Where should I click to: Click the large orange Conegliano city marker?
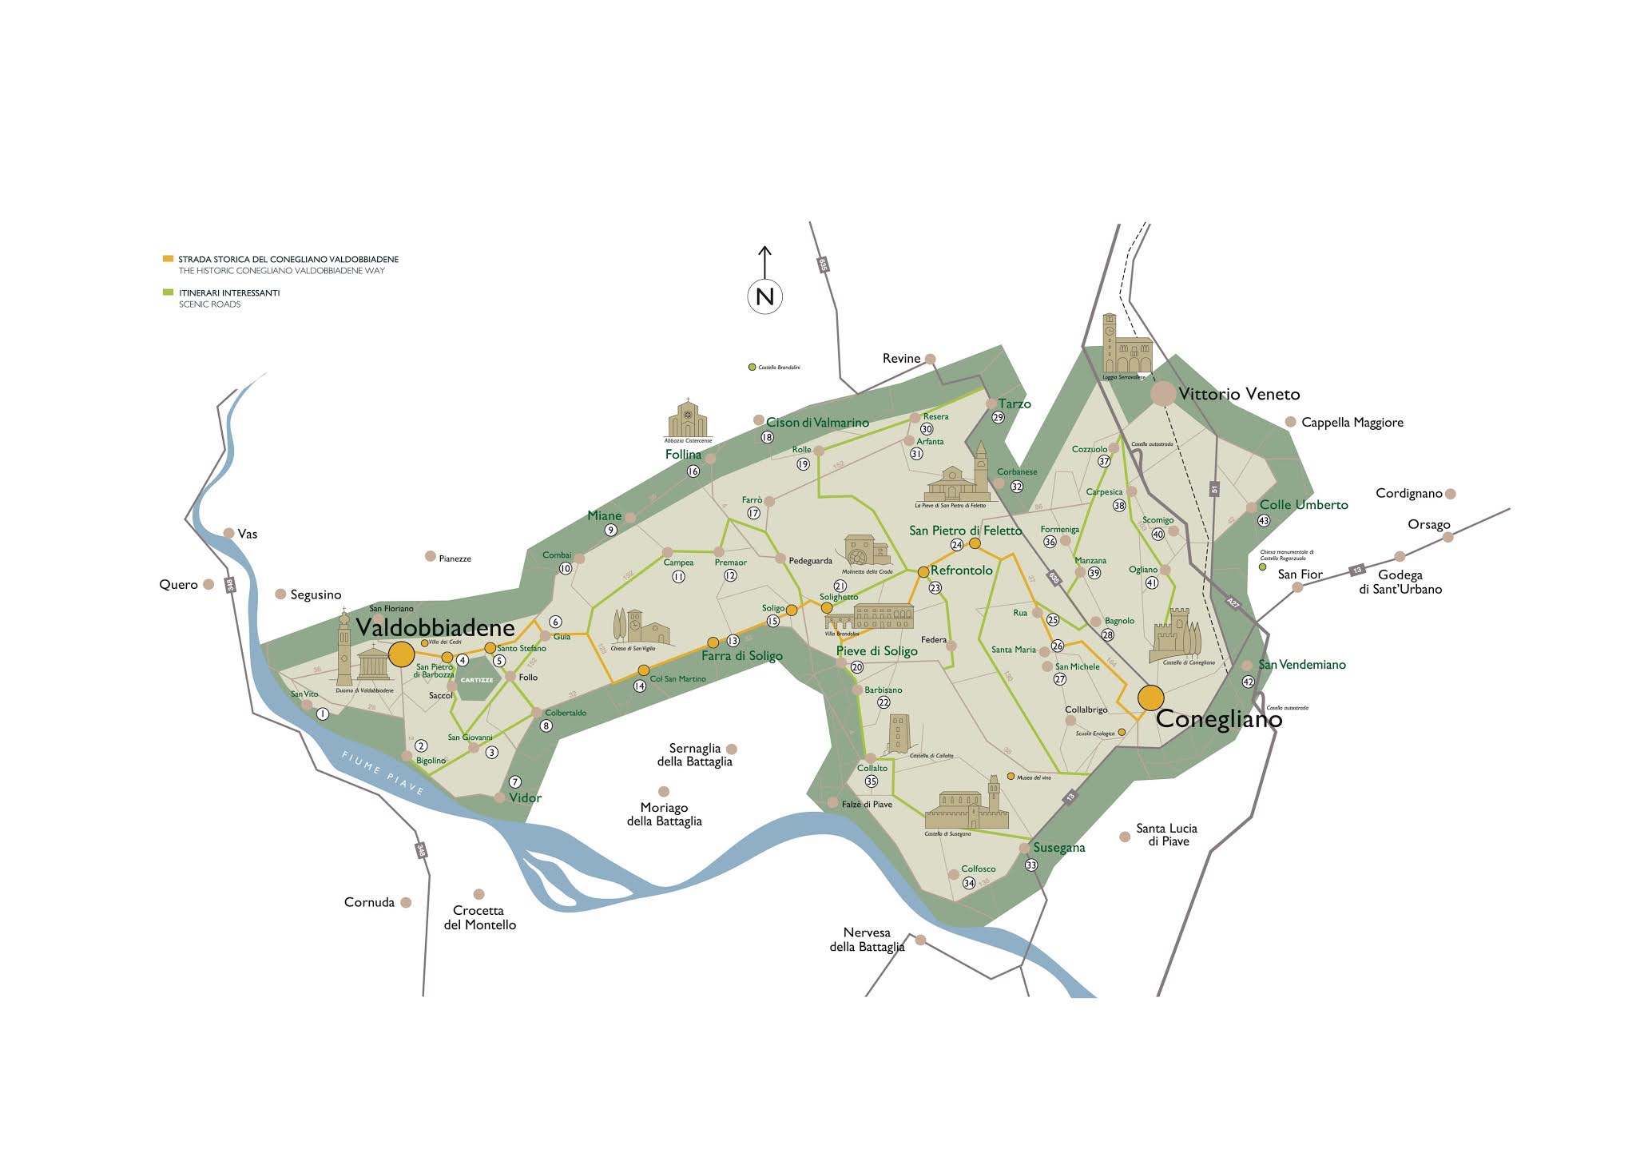click(1151, 698)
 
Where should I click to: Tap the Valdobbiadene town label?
click(435, 627)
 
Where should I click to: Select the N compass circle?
click(764, 296)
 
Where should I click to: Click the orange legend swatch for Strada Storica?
click(168, 259)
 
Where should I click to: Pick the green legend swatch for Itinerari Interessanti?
click(168, 292)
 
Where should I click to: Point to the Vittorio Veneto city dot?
click(1163, 393)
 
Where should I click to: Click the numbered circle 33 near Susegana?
click(1031, 865)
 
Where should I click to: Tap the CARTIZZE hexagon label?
click(478, 680)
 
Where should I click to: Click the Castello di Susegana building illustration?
click(967, 805)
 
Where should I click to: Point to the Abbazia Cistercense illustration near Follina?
click(688, 419)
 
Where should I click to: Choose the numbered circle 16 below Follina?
click(693, 471)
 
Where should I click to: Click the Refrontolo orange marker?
click(923, 571)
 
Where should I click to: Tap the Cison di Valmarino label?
click(817, 423)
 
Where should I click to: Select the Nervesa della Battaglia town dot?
click(920, 940)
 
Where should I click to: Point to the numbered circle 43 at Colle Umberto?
click(1263, 521)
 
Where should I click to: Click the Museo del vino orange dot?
click(1011, 776)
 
